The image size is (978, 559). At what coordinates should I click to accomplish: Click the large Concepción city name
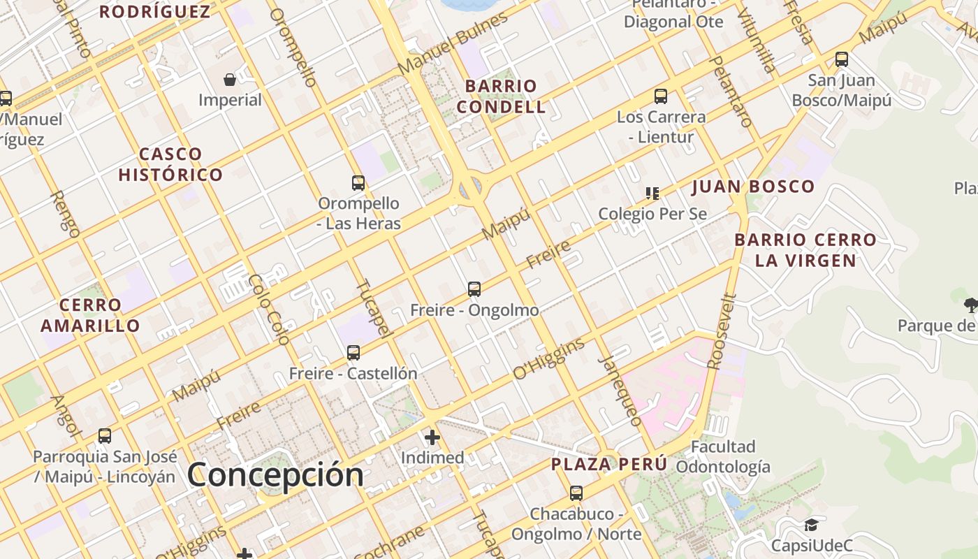coord(275,475)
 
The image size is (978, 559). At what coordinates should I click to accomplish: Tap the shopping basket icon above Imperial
coord(230,80)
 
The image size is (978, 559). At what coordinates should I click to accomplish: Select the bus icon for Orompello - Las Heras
coord(358,183)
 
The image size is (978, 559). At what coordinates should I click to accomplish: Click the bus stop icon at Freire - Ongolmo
coord(474,289)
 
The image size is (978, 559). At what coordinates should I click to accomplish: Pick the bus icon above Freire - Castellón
coord(353,353)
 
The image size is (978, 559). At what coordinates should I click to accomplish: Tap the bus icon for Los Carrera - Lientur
coord(661,96)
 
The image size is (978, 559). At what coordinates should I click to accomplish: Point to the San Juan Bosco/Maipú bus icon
coord(842,59)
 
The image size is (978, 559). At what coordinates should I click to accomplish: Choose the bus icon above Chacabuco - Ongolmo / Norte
coord(576,493)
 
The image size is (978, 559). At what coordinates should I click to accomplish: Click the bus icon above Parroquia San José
coord(105,436)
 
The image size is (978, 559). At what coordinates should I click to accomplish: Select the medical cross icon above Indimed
coord(432,437)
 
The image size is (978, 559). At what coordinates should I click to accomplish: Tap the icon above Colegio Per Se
coord(652,193)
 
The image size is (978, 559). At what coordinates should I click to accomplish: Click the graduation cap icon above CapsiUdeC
coord(811,525)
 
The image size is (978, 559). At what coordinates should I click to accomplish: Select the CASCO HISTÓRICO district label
coord(170,164)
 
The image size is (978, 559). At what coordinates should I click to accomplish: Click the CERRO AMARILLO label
coord(90,315)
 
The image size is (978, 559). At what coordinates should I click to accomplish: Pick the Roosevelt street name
coord(723,331)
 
